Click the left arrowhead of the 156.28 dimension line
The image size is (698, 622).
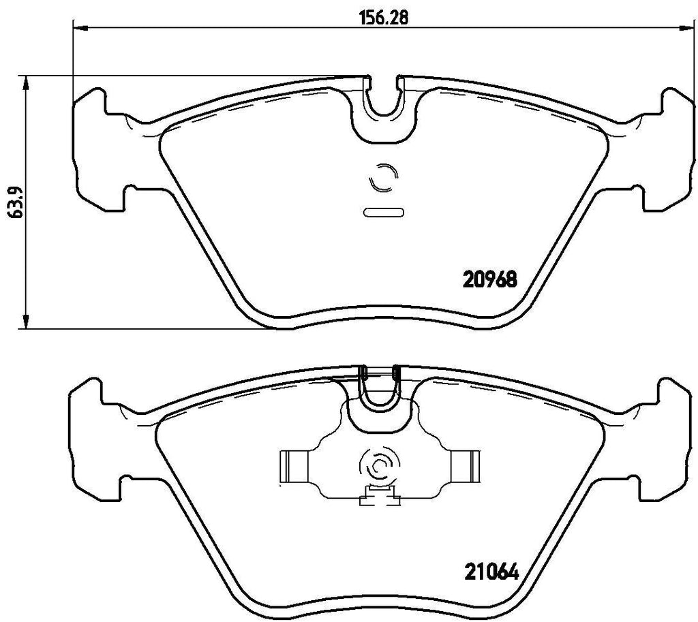(79, 28)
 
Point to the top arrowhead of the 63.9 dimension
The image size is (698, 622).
(26, 82)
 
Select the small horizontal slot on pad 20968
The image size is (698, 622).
(383, 212)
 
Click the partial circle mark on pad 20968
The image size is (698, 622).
(381, 178)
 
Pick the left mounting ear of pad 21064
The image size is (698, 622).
(95, 436)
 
